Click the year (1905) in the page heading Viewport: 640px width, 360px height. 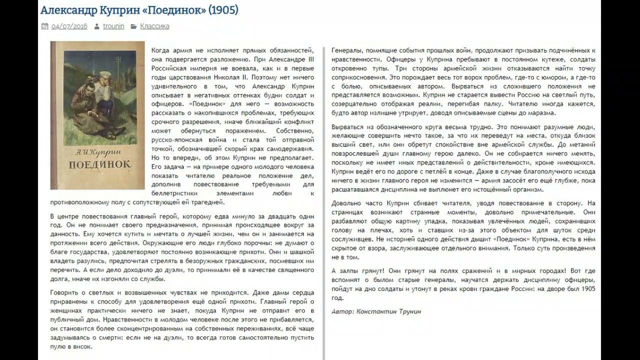click(224, 10)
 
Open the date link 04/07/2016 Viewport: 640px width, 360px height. click(69, 26)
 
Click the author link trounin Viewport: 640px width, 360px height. click(113, 26)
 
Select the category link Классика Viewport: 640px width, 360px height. click(154, 26)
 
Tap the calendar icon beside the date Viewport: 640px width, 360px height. click(44, 26)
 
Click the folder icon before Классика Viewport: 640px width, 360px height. click(133, 26)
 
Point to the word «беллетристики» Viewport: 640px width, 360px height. click(173, 193)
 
